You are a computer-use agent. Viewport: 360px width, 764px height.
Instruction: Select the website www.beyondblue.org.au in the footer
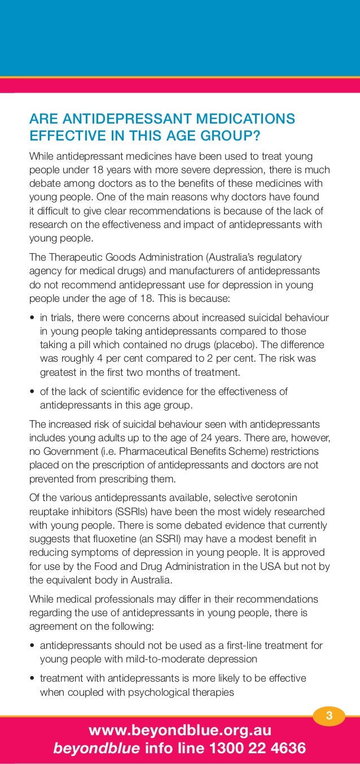pos(180,731)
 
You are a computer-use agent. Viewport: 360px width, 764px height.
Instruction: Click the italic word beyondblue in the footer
pos(96,749)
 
